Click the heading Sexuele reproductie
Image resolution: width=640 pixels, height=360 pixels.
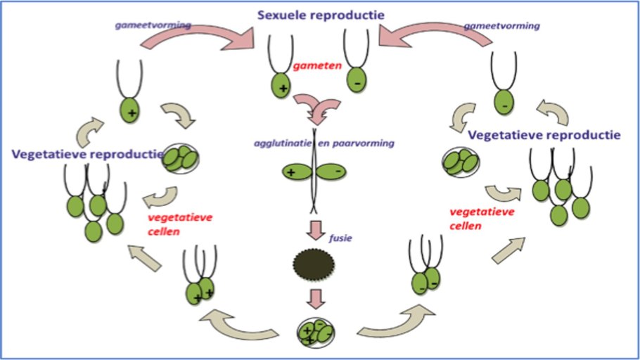pos(319,14)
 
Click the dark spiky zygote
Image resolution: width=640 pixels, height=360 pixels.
pos(314,263)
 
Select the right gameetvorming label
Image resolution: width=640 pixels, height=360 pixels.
pos(501,25)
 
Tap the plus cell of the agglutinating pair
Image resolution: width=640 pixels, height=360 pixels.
pos(293,171)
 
